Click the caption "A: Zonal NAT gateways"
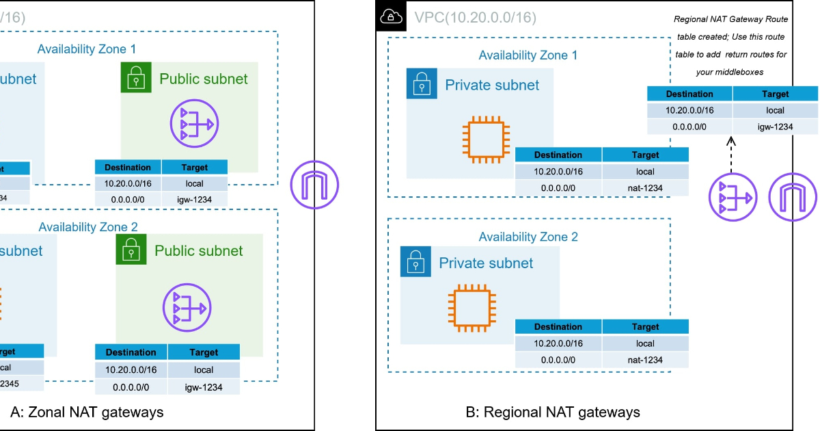[87, 412]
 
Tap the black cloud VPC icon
[390, 16]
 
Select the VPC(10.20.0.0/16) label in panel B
[475, 16]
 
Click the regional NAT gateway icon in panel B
[731, 198]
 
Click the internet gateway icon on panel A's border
[314, 185]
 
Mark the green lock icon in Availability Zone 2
[131, 250]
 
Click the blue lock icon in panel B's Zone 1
[422, 84]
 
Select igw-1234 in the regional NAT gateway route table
[775, 126]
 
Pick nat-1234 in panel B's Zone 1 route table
[645, 188]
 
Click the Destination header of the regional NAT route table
[689, 94]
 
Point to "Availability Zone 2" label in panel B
[528, 237]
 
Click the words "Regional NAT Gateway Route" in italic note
[729, 20]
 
